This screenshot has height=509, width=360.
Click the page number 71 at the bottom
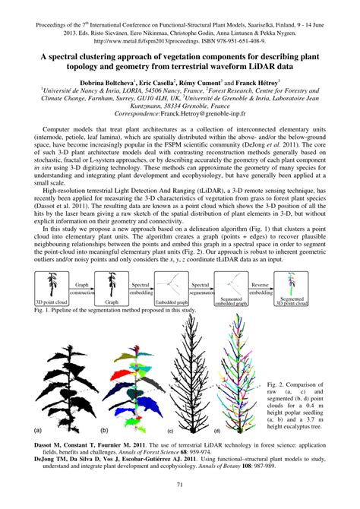point(179,485)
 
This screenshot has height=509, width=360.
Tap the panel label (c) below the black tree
point(170,430)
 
